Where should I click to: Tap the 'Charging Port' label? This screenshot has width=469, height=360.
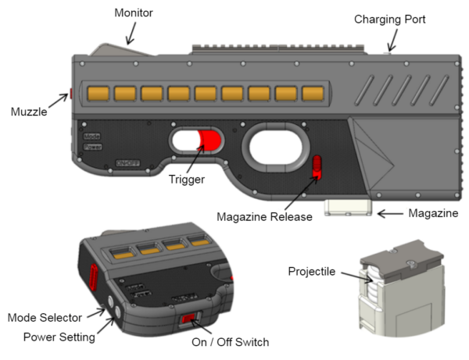[390, 18]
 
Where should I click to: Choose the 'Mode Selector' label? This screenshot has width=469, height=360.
[48, 318]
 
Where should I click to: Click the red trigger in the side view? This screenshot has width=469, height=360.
[210, 141]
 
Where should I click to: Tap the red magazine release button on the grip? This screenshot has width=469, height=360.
[317, 166]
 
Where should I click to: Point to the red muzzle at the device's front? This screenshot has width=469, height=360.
[71, 94]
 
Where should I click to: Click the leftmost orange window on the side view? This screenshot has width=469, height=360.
[98, 94]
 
